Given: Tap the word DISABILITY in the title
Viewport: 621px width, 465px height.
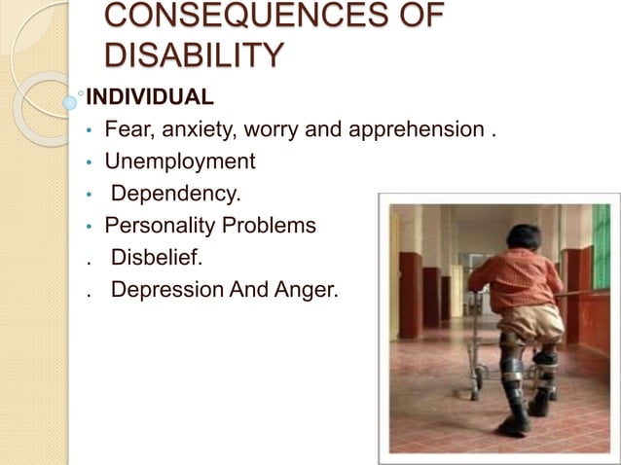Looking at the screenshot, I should point(194,54).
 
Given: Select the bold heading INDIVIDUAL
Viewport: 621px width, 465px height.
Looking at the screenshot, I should point(150,98).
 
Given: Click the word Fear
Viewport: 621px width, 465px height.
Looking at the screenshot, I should point(127,129).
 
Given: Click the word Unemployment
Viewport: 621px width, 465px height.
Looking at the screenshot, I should point(180,161).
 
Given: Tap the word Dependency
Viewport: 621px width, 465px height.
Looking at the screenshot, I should point(175,194).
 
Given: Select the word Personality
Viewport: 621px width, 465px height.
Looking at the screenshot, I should point(157,226).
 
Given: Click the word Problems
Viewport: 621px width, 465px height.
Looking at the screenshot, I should point(266,226).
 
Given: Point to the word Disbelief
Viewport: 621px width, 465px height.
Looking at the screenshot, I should point(156,258).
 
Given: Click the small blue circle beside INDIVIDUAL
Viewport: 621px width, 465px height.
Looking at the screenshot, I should point(70,100).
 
